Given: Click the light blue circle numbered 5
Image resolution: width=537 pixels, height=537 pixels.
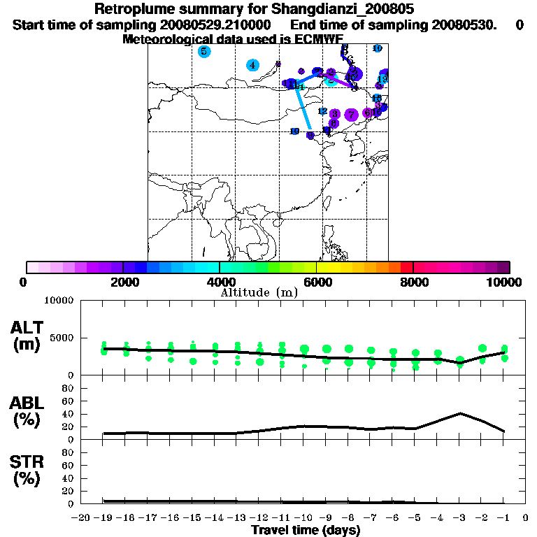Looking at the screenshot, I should [203, 51].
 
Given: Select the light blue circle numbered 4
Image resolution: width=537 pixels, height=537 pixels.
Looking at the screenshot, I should [252, 65].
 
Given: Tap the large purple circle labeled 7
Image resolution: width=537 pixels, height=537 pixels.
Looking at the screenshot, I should [352, 114].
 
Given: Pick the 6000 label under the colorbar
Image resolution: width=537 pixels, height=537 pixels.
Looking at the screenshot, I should [316, 282].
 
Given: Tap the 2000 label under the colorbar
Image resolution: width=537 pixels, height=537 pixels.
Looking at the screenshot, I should [122, 282].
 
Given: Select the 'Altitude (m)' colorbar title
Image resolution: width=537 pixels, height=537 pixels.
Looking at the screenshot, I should [259, 292].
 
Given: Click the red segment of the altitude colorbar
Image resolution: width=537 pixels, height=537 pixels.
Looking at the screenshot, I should [406, 267].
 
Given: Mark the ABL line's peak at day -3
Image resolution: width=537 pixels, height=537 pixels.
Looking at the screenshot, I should [460, 413].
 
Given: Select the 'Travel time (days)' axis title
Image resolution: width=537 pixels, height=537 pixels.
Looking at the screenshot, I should [306, 531].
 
